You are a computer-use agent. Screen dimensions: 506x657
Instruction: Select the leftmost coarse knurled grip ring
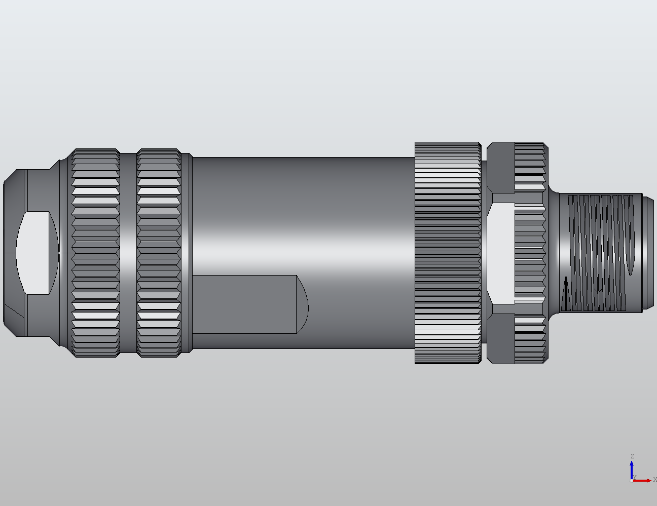[96, 252]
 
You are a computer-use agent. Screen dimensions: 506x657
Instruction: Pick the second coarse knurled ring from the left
[159, 252]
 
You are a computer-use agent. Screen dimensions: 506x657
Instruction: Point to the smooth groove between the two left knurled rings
[128, 252]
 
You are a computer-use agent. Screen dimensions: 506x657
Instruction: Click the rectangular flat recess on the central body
[243, 304]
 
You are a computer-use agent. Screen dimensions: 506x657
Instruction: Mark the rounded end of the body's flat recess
[302, 304]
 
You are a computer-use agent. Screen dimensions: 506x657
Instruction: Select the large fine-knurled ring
[448, 252]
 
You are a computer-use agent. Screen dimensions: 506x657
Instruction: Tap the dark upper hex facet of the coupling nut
[501, 167]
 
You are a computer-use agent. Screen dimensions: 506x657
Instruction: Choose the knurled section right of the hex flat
[530, 252]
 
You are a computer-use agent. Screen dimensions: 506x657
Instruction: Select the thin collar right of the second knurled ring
[187, 252]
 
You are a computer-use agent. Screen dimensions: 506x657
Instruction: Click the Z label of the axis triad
[632, 456]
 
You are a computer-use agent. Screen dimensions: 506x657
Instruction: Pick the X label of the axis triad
[654, 479]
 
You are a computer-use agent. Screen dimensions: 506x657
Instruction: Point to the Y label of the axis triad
[634, 477]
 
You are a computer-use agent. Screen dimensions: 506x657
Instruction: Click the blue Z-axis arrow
[632, 469]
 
